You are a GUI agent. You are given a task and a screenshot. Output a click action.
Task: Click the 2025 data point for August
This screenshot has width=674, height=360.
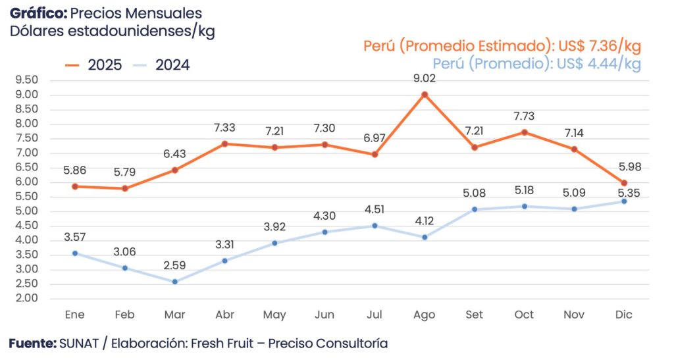[425, 95]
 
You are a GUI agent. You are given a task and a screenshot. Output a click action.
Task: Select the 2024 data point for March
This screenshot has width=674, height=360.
[175, 282]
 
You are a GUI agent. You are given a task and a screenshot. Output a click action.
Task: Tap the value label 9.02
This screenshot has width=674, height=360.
[425, 78]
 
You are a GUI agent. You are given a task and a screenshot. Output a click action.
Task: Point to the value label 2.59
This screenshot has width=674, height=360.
[175, 265]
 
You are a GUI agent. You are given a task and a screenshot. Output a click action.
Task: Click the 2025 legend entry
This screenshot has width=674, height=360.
[94, 64]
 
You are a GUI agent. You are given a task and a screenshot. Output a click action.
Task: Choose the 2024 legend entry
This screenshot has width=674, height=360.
[162, 64]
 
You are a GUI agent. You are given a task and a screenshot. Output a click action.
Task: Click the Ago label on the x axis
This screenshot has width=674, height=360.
[425, 315]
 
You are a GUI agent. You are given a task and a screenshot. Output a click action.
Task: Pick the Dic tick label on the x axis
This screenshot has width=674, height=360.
[624, 315]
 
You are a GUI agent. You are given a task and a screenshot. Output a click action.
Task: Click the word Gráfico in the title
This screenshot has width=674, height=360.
[38, 13]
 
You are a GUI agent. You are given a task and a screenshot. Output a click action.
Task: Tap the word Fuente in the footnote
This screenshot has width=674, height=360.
[32, 344]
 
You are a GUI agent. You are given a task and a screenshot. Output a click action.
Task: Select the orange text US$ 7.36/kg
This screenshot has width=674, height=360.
[598, 46]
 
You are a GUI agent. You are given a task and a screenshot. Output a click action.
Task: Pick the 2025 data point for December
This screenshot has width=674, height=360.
[624, 183]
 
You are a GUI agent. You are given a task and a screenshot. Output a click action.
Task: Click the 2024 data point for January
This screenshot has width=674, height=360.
[75, 253]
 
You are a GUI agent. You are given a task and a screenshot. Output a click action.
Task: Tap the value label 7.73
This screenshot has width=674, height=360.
[525, 116]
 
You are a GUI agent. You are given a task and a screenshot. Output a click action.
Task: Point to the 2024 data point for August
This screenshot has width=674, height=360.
[425, 237]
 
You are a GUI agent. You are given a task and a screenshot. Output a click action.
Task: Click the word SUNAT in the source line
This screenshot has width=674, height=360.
[77, 344]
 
